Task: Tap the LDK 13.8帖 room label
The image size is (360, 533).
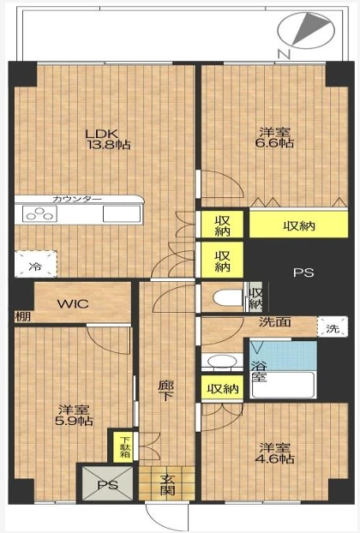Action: coord(108,139)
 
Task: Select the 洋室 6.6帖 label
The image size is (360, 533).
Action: coord(274,137)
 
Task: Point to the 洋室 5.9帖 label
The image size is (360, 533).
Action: coord(74,416)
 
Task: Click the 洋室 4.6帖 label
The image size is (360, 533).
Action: coord(274,453)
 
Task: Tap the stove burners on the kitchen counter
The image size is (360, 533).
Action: coord(39,214)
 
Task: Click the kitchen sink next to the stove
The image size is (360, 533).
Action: coord(122,214)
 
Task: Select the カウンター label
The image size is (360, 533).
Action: coord(77,200)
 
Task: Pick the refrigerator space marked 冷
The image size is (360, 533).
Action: coord(35,264)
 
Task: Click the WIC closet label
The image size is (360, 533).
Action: coord(73,303)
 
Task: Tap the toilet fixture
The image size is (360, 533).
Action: coord(227,298)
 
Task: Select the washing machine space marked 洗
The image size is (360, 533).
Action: coord(333,326)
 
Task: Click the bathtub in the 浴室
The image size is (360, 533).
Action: coord(283,385)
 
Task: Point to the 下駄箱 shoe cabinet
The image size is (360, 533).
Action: coord(123,447)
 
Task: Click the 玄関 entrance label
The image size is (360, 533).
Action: coord(167,484)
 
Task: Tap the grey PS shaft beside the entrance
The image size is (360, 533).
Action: coord(108,483)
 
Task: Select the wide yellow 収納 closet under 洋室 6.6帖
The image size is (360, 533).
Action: coord(299,224)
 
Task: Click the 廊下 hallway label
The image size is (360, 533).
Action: coord(166,391)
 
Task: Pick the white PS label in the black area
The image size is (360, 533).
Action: coord(303,272)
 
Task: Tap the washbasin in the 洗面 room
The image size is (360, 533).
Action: coord(222,362)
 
